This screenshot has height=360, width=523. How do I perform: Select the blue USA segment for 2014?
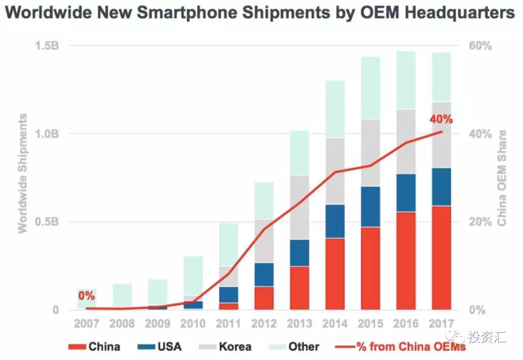335,221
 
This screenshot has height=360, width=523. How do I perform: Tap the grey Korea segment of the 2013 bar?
299,207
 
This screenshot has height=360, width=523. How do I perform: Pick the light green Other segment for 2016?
406,80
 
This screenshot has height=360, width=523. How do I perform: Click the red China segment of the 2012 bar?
264,298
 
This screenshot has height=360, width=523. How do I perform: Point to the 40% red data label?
441,119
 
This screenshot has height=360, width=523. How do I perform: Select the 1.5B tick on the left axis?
46,46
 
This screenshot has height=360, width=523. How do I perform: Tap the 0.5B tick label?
46,222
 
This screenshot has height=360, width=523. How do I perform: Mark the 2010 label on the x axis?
193,323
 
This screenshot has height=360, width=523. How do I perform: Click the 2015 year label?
370,323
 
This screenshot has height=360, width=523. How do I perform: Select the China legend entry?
94,346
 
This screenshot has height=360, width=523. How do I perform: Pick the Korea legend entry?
225,346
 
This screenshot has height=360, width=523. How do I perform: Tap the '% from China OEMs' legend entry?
400,346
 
